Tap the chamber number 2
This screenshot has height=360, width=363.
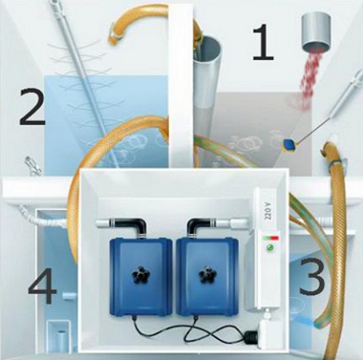[x=32, y=106]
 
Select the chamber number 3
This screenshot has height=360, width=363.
[x=312, y=276]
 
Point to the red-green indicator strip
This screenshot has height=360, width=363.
[x=270, y=238]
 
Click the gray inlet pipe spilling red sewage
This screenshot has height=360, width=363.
[x=317, y=31]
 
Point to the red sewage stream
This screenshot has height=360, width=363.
[x=310, y=82]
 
